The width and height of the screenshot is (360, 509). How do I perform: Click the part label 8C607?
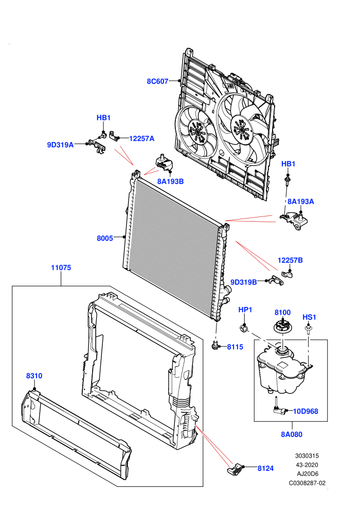(x=157, y=81)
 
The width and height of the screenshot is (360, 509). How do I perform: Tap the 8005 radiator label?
(x=105, y=238)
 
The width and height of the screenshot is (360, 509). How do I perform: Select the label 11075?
(x=61, y=268)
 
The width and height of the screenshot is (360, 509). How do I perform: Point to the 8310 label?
(x=34, y=376)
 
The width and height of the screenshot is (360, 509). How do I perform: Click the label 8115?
(x=235, y=347)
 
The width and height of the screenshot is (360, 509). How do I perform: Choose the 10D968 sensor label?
(x=305, y=411)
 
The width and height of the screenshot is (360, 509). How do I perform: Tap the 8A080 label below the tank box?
(x=292, y=434)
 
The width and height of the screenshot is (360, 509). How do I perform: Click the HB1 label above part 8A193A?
(x=289, y=164)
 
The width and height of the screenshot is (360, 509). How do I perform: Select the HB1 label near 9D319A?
(x=103, y=118)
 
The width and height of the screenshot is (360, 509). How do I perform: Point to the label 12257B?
(x=290, y=260)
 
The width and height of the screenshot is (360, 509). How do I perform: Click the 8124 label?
(x=265, y=468)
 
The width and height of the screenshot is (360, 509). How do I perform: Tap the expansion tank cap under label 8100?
(x=282, y=326)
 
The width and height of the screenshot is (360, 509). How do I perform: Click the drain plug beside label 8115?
(x=214, y=346)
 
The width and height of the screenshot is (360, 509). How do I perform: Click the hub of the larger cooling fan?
(x=241, y=129)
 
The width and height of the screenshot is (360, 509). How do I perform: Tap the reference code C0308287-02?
(x=307, y=483)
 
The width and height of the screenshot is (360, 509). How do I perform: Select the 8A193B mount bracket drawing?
(x=165, y=162)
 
